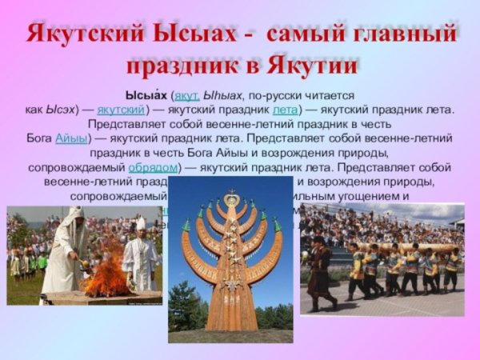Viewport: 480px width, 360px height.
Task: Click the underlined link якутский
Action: pos(121,109)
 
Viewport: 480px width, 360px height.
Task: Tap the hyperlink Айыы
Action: pos(70,138)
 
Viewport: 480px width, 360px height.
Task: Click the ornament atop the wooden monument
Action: pos(232,198)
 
